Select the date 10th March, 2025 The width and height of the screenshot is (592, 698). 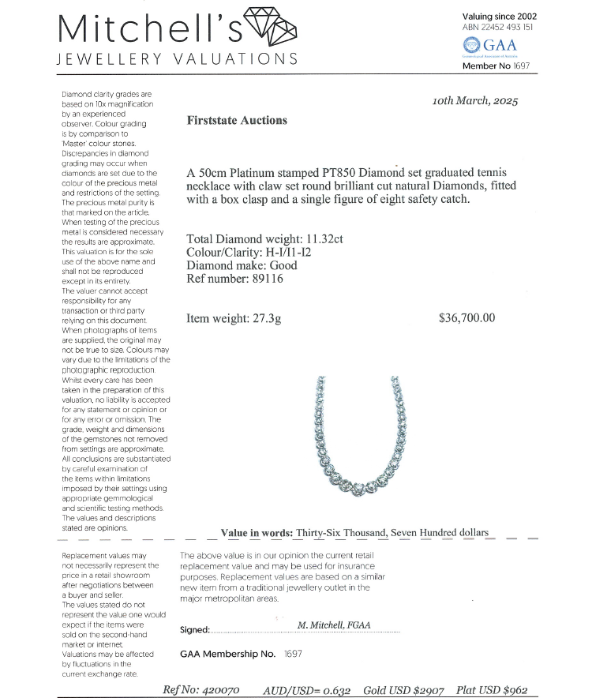click(x=475, y=102)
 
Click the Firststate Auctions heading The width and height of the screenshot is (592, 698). click(x=237, y=121)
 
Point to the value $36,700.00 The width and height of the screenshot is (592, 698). click(x=466, y=318)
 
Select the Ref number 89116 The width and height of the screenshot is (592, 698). click(x=265, y=279)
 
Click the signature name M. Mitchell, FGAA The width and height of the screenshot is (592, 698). click(x=334, y=625)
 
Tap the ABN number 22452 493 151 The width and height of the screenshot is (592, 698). click(x=510, y=27)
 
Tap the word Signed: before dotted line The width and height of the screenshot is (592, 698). click(x=195, y=630)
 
